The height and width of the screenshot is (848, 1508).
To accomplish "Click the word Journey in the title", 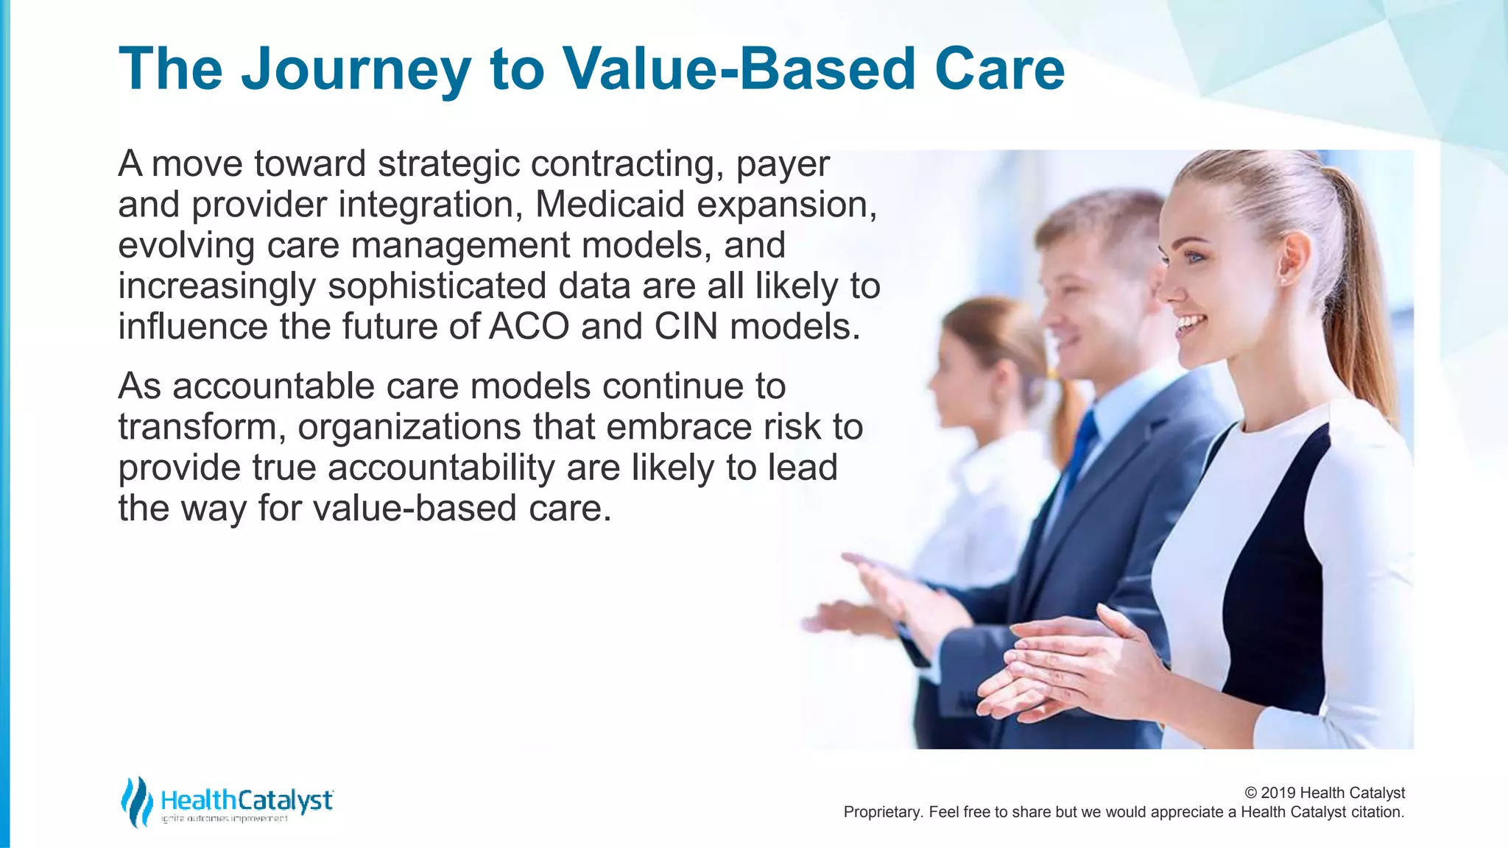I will pyautogui.click(x=356, y=70).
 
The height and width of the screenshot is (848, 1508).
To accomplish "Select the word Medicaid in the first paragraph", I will pyautogui.click(x=610, y=204).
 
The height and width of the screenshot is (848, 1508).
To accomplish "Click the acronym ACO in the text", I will pyautogui.click(x=529, y=326).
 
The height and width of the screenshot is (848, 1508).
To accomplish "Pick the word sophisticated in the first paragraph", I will pyautogui.click(x=437, y=286).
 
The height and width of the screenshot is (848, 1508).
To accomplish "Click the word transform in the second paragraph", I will pyautogui.click(x=197, y=427).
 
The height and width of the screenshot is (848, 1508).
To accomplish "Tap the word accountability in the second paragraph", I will pyautogui.click(x=441, y=467).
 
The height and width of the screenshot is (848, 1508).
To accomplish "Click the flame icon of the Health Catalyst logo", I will pyautogui.click(x=135, y=801).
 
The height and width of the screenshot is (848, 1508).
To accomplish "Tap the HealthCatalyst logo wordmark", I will pyautogui.click(x=246, y=800).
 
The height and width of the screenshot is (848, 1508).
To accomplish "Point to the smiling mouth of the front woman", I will pyautogui.click(x=1189, y=324).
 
